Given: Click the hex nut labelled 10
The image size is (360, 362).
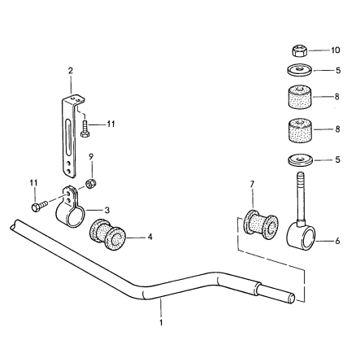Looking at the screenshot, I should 297,50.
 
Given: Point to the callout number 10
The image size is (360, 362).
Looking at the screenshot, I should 336,50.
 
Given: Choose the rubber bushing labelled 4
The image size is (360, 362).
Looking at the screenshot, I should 105,234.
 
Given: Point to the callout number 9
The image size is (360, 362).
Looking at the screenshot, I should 91,155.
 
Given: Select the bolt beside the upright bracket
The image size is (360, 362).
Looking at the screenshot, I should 86,129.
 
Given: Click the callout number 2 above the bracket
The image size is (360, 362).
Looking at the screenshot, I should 71,72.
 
